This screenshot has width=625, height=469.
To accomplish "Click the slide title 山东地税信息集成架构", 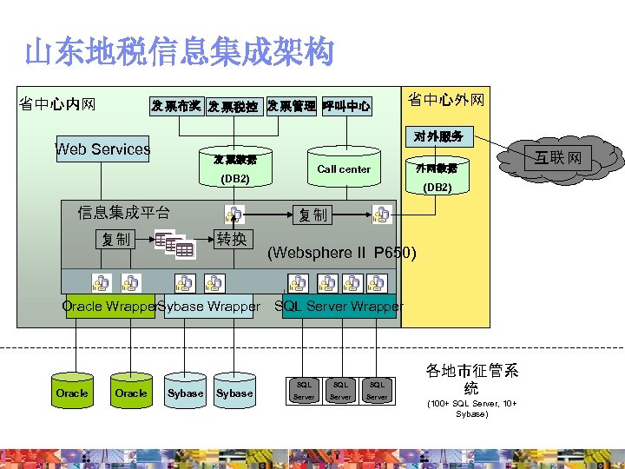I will point(178,53).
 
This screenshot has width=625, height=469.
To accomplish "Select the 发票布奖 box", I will point(177,107).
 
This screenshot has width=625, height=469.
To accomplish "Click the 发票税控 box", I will point(233,107).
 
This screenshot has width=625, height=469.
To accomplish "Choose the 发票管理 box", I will point(291,106).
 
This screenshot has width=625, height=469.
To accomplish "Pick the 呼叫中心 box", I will point(346,106).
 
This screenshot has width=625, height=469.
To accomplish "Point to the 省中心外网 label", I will point(446,102).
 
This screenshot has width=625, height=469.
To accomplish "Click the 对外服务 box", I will point(437,136).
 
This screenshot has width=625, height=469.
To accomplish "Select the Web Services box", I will point(102,149).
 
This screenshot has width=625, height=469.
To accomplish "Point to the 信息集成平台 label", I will point(123,212).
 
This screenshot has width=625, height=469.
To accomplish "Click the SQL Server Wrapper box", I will point(339,306).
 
